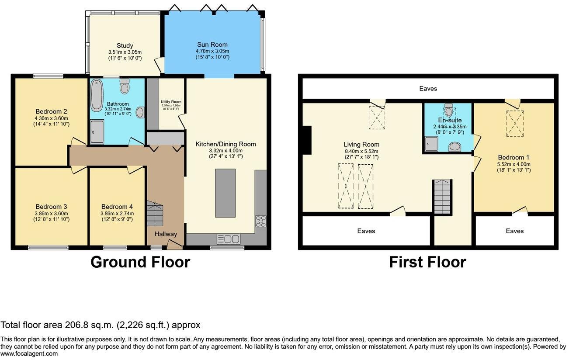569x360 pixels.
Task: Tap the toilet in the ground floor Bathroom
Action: [x=125, y=87]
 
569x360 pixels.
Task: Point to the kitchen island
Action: [x=225, y=193]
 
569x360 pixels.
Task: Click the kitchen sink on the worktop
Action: [x=228, y=239]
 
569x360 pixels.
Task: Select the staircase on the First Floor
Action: [x=442, y=197]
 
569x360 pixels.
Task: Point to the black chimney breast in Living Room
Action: [x=307, y=140]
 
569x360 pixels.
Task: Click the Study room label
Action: [x=125, y=45]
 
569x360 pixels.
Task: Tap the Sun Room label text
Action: [x=212, y=45]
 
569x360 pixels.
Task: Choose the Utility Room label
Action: [x=170, y=102]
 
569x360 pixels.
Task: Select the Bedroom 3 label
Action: [x=51, y=207]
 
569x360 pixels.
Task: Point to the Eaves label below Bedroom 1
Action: [x=514, y=231]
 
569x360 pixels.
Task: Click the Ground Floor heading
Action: [x=140, y=262]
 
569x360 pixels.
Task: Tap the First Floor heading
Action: [x=427, y=262]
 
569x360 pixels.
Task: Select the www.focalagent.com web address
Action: [x=29, y=354]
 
